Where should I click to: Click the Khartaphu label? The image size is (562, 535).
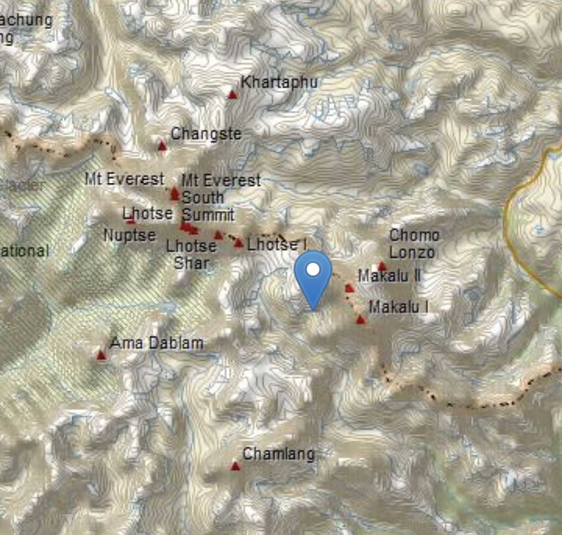point(279,82)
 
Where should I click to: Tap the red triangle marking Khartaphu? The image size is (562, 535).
point(233,95)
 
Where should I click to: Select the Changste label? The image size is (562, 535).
point(206,134)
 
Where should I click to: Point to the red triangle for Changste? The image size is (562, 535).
point(162,146)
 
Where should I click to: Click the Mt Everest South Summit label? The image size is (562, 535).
point(221,198)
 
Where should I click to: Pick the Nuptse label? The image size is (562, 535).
point(130,235)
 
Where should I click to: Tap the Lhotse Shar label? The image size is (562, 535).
point(191,254)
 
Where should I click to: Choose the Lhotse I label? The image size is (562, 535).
point(277,244)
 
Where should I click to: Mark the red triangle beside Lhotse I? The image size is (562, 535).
point(239,243)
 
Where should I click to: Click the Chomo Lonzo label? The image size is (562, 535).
point(414,244)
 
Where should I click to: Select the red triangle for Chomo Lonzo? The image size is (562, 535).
point(382,266)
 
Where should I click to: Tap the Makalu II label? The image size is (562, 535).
point(390,276)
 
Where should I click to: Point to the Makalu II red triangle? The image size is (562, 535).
point(350,288)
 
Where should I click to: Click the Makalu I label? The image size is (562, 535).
point(399,307)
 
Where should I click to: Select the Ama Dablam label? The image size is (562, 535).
point(157,343)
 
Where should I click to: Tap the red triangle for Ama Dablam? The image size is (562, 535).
point(101,355)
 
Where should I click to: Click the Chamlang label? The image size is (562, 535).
point(279,454)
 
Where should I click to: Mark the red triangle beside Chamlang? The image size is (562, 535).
point(235,466)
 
